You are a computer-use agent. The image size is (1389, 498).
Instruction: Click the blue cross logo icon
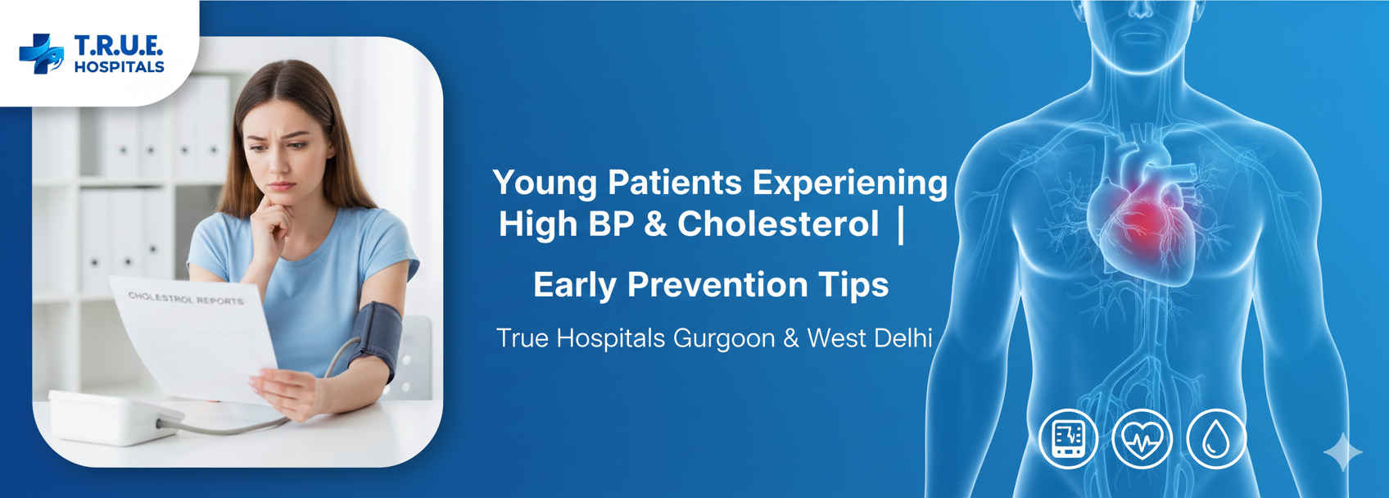41,54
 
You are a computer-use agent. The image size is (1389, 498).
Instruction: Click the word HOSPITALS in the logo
119,67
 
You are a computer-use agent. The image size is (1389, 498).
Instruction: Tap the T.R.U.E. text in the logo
118,45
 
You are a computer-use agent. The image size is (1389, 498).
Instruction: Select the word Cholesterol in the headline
778,224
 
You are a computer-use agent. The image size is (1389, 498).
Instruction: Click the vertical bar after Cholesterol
901,224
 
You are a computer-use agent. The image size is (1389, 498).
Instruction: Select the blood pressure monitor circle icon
1068,439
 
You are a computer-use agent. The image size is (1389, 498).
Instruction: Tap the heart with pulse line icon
1142,439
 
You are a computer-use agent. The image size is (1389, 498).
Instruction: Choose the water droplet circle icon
1216,439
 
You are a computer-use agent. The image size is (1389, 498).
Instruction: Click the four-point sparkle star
1342,452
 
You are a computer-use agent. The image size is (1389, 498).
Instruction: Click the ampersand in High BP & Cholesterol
655,224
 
